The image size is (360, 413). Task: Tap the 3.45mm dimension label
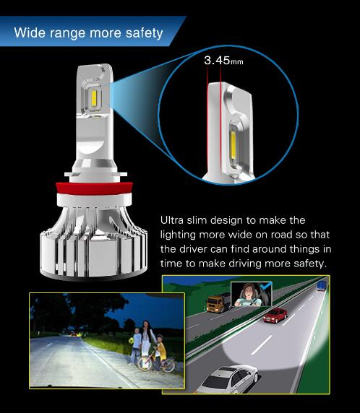pyautogui.click(x=223, y=61)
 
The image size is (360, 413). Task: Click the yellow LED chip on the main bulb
pyautogui.click(x=94, y=97)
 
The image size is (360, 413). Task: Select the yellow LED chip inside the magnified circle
pyautogui.click(x=233, y=145)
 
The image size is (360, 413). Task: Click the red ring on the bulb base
pyautogui.click(x=94, y=188)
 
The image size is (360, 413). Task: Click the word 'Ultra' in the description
pyautogui.click(x=172, y=220)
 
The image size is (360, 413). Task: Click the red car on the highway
pyautogui.click(x=275, y=316)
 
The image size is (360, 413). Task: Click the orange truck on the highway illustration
pyautogui.click(x=218, y=303)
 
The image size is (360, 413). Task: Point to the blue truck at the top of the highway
pyautogui.click(x=322, y=285)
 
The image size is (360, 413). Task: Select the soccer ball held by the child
pyautogui.click(x=132, y=341)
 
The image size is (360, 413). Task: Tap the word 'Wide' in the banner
pyautogui.click(x=30, y=32)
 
